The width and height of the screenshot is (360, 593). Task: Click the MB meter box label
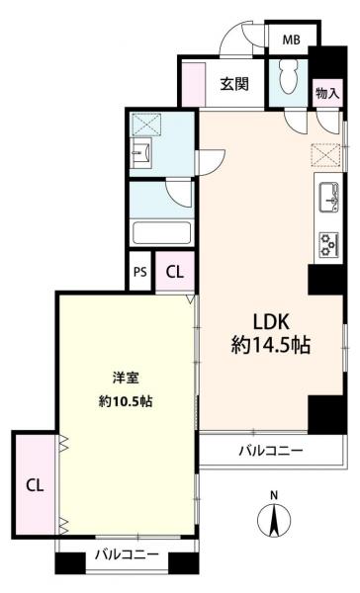292,40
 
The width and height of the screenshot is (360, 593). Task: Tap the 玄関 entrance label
234,84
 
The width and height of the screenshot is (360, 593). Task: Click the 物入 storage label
327,93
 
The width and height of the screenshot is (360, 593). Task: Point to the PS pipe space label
140,272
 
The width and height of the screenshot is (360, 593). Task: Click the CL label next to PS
175,272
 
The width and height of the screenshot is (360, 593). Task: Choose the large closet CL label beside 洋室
35,485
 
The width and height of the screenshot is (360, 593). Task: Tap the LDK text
271,322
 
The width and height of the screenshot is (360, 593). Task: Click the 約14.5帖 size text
271,345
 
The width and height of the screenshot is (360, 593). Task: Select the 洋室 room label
126,378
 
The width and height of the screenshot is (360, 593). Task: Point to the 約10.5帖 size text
126,401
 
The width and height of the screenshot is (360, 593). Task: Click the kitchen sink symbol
328,198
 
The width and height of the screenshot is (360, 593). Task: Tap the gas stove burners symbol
328,245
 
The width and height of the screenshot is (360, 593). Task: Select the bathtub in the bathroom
161,232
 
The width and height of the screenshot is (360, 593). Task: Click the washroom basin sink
140,153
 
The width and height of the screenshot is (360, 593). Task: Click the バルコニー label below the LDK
271,451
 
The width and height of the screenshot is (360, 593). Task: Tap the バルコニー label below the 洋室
127,554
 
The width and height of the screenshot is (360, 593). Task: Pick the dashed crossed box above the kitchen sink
326,155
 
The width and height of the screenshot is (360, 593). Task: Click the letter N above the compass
274,495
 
